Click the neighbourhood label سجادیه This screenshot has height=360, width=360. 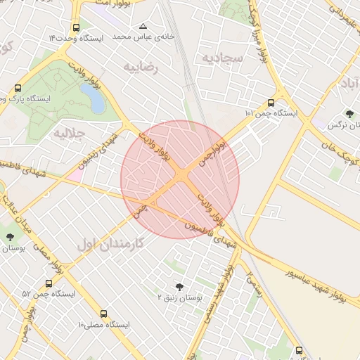tap(223, 58)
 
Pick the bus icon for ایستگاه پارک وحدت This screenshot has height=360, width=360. tap(18, 89)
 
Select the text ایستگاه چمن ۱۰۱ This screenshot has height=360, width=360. tap(271, 112)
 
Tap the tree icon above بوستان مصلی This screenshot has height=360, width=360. tap(10, 237)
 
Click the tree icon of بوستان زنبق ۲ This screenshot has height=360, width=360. tap(180, 286)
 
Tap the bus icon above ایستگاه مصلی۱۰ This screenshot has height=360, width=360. tap(104, 314)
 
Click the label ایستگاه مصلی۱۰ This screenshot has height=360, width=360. tap(105, 326)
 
